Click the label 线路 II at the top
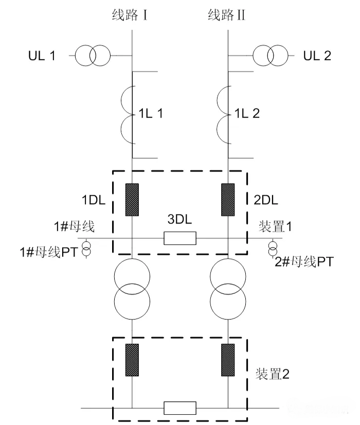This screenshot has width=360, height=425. point(226,15)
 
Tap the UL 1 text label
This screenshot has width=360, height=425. point(42,56)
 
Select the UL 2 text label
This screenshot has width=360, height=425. point(317,56)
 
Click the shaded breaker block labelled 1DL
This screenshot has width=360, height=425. point(133,199)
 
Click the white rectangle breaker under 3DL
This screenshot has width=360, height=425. point(179,238)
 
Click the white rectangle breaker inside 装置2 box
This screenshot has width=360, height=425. point(179,408)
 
